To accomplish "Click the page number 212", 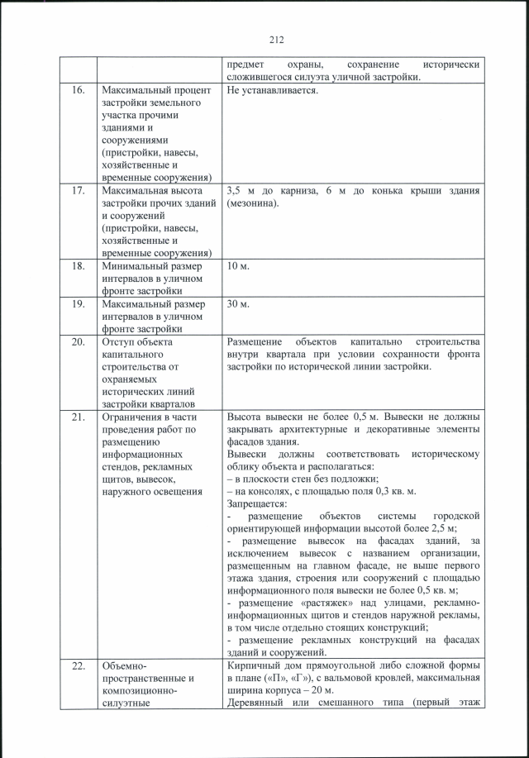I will [276, 38].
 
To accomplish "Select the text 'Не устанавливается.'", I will [271, 90].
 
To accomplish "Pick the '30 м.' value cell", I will [238, 304].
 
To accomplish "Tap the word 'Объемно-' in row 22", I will [124, 666].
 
